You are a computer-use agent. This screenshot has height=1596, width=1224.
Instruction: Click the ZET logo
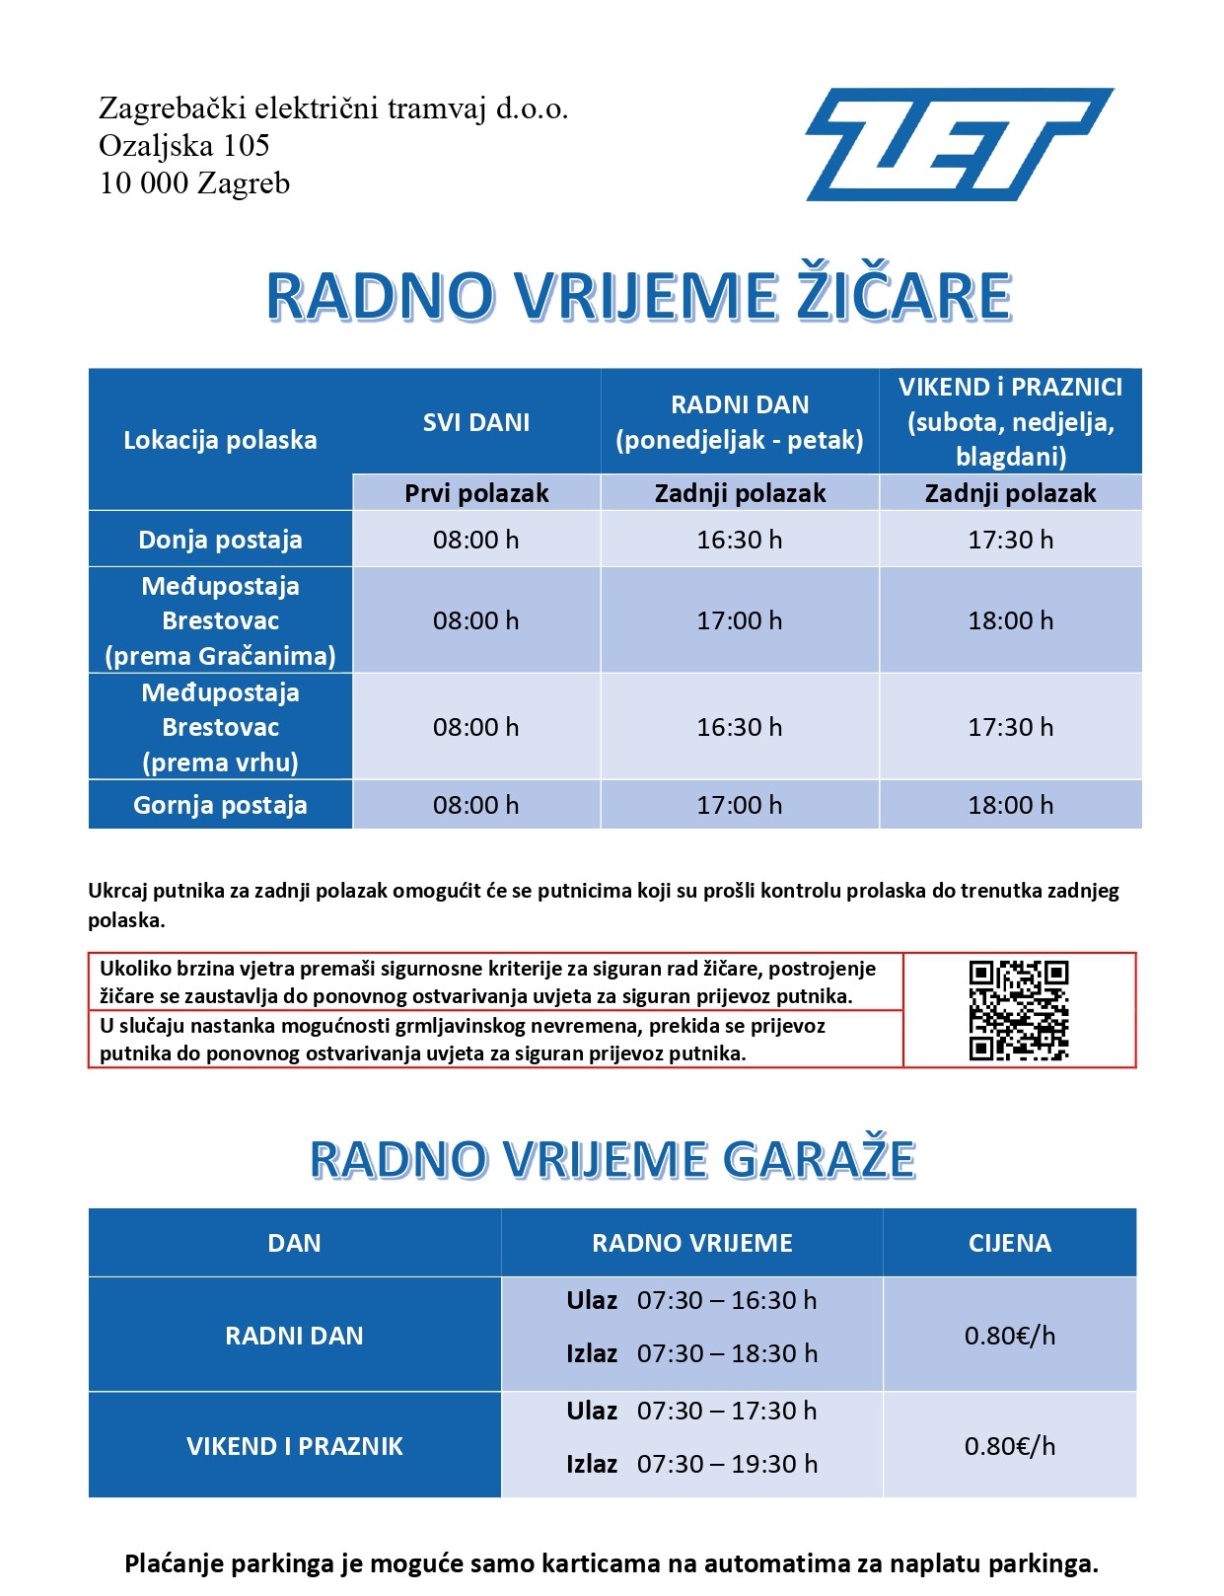959,144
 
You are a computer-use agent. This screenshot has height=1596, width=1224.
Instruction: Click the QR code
1018,1010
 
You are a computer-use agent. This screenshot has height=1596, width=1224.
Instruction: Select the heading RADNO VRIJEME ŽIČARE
639,296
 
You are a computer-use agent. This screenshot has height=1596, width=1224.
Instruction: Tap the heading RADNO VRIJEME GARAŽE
612,1159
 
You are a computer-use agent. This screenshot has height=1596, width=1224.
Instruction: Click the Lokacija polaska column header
220,440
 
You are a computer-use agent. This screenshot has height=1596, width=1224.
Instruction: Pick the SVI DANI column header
476,422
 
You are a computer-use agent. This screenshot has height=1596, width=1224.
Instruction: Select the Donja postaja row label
220,540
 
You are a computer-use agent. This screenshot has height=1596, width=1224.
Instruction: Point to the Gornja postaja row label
220,805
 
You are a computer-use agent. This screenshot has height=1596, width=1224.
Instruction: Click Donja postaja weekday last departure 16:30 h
739,540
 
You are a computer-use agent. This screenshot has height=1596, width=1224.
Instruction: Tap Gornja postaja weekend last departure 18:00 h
1010,805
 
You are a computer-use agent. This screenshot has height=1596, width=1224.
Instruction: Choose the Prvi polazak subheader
476,493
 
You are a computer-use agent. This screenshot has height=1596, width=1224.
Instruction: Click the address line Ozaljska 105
184,146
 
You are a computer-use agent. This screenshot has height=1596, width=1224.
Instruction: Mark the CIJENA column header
1010,1243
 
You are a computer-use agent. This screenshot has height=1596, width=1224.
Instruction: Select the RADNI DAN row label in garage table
294,1336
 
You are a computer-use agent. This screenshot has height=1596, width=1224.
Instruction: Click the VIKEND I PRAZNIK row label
294,1446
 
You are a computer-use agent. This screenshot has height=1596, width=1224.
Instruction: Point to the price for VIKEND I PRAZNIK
1010,1446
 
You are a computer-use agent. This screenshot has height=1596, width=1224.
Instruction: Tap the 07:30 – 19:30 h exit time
727,1464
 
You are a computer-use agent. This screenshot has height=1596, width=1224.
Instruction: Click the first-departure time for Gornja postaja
475,805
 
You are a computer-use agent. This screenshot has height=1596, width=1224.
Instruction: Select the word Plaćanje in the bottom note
172,1563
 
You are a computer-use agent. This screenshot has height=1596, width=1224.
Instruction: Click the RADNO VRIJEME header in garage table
691,1243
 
